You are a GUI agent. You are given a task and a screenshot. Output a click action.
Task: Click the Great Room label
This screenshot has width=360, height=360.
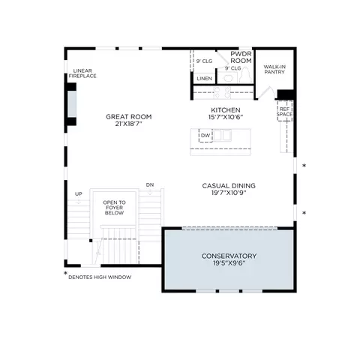(129, 117)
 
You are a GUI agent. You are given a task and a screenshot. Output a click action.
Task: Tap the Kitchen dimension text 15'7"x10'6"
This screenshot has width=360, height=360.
(226, 117)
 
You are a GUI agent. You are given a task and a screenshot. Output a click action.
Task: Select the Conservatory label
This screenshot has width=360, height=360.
(229, 256)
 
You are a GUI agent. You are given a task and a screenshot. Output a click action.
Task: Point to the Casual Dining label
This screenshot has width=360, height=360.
(229, 186)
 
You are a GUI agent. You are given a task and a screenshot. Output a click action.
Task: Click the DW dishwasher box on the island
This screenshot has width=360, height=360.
(205, 136)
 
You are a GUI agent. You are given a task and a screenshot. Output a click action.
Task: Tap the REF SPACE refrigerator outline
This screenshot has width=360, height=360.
(284, 111)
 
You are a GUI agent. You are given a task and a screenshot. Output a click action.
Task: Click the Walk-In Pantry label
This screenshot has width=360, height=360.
(274, 69)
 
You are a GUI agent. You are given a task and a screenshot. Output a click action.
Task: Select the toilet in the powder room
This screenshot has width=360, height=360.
(246, 75)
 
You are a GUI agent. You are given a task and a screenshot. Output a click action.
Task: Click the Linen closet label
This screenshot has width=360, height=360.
(204, 79)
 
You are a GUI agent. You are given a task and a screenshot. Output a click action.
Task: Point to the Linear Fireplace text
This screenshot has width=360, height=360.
(82, 73)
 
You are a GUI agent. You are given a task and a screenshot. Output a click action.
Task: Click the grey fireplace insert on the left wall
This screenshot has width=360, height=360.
(72, 103)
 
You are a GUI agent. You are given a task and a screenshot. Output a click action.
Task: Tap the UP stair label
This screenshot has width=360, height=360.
(79, 194)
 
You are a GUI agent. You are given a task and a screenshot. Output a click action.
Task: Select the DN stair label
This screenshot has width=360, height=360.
(150, 185)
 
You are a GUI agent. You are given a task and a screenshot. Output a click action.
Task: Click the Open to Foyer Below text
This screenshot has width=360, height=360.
(114, 208)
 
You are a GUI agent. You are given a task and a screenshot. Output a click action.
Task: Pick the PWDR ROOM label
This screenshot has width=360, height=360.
(241, 57)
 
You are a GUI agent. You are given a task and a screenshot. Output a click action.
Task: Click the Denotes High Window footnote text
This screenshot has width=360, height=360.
(100, 277)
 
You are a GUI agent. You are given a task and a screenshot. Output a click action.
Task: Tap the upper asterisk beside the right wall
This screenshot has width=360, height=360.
(304, 165)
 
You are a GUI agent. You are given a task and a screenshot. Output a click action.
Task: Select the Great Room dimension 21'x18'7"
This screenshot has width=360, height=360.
(129, 124)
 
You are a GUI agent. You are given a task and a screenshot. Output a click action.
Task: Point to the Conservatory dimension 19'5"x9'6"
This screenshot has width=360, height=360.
(229, 263)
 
